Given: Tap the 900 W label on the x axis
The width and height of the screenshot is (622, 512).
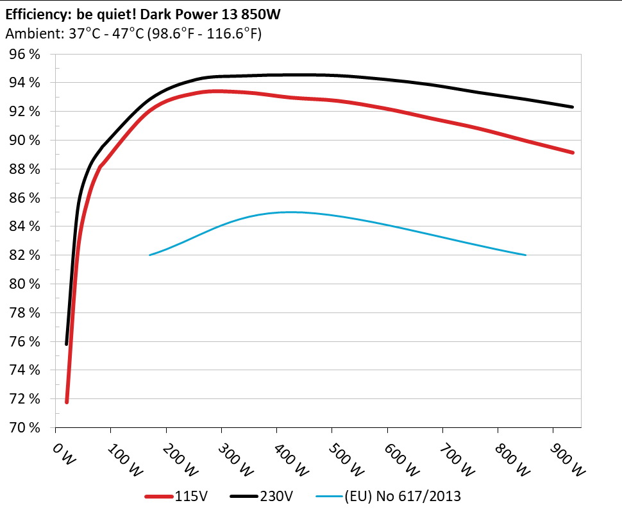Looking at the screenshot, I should [x=566, y=461].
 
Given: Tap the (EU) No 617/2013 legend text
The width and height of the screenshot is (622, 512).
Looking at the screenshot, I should [x=403, y=495].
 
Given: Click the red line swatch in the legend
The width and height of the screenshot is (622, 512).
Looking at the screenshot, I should [x=159, y=496].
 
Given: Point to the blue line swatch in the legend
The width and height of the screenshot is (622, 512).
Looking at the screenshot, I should [x=330, y=496].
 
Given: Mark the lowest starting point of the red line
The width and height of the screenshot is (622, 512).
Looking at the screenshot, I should [x=67, y=402].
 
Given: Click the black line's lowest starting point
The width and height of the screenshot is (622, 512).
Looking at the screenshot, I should [x=67, y=344].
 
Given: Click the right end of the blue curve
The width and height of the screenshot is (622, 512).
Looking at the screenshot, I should [x=525, y=255].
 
